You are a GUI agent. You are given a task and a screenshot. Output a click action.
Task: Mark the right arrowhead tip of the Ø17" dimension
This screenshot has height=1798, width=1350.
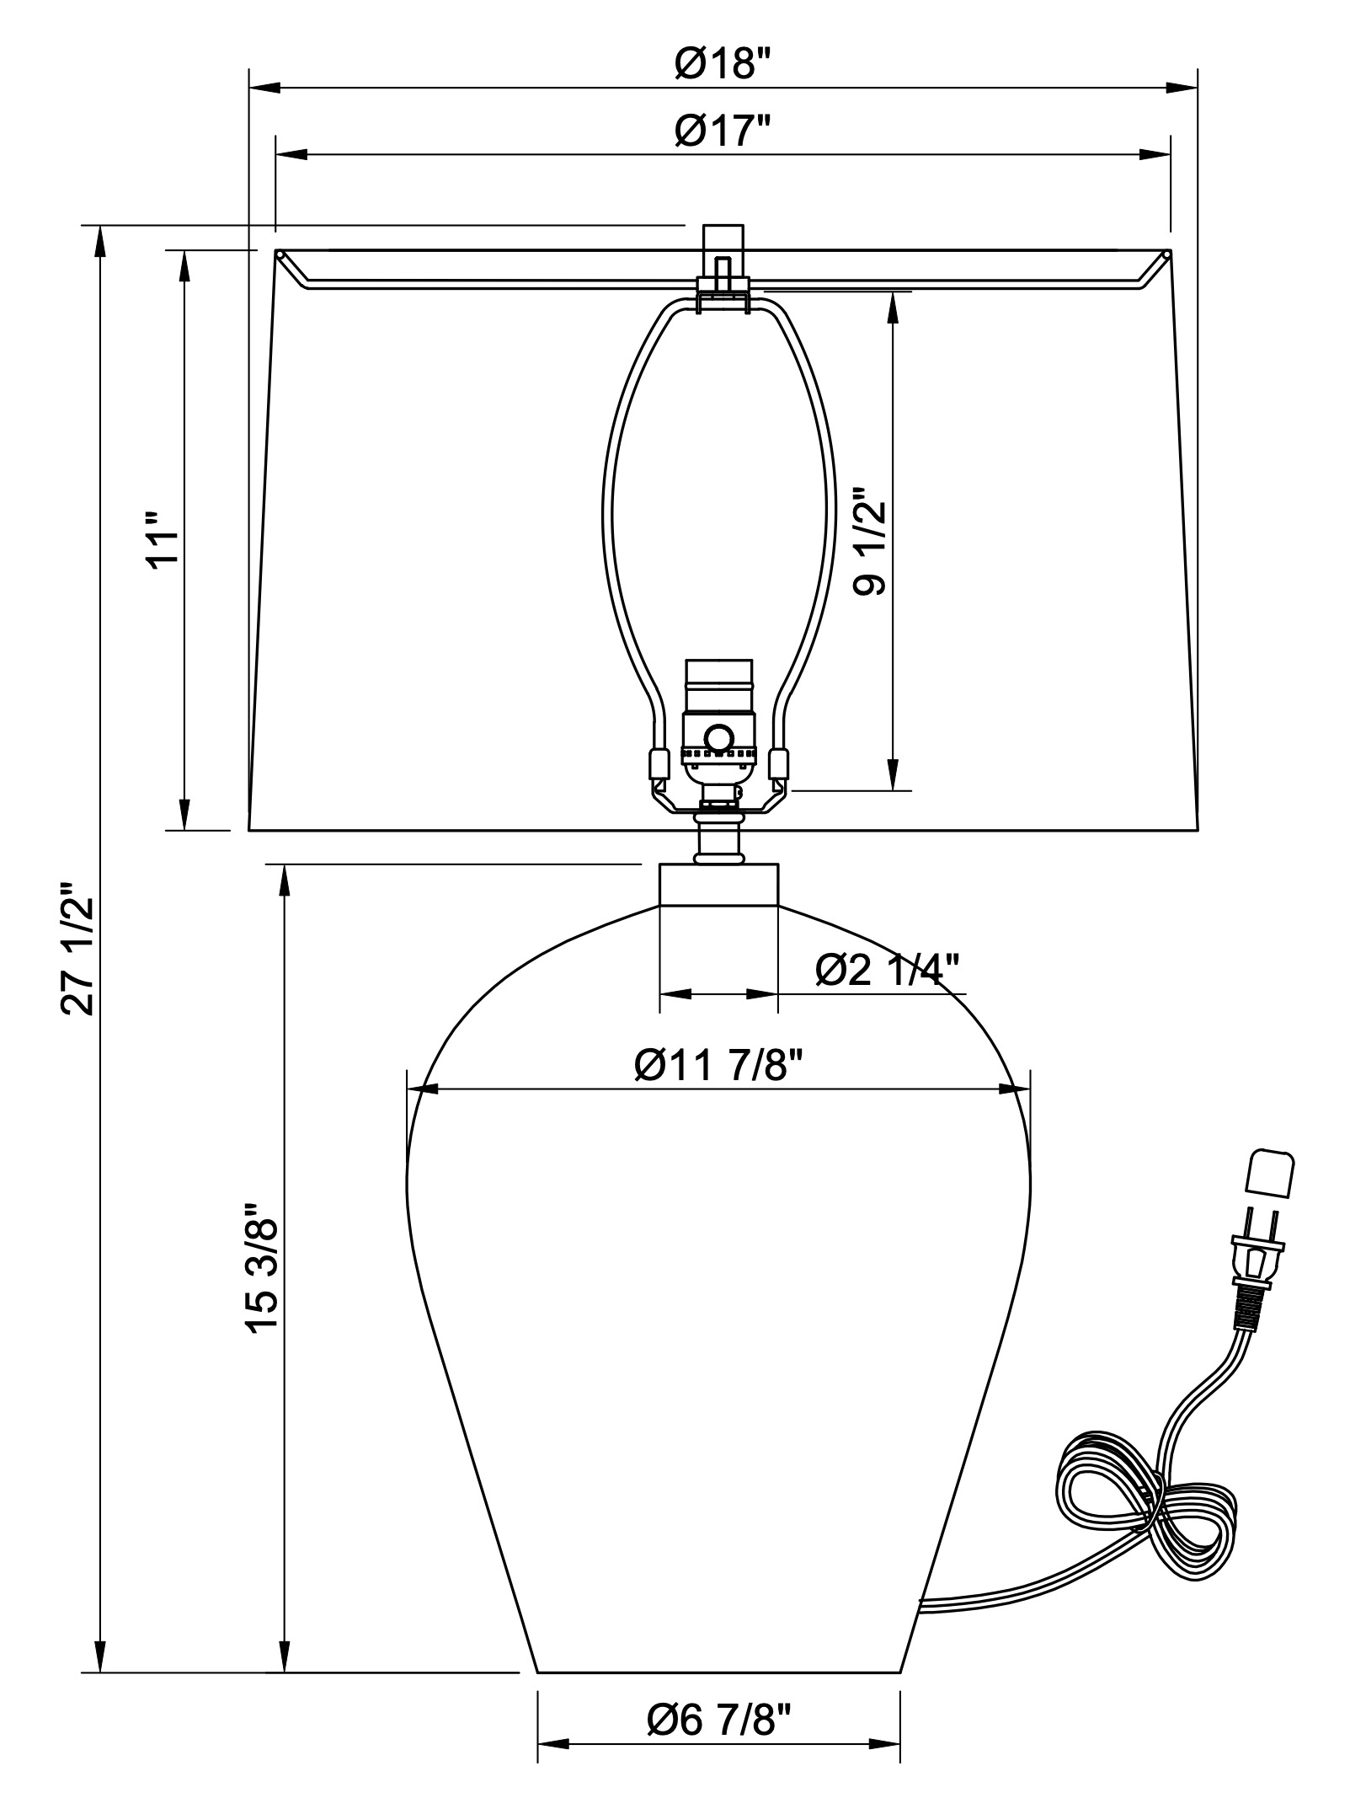(1170, 155)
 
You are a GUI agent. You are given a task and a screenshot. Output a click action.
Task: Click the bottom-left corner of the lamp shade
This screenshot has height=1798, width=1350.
(248, 831)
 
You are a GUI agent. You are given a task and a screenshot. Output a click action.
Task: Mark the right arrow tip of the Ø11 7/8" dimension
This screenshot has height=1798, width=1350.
(1029, 1089)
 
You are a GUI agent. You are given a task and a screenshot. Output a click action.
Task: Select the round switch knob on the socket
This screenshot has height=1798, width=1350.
(718, 738)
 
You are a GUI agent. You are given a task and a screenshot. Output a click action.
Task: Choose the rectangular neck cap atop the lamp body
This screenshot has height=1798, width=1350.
(718, 884)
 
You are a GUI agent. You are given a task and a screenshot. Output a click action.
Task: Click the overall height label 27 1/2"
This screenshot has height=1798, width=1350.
(76, 949)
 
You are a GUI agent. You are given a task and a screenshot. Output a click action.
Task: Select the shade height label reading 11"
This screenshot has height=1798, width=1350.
(163, 540)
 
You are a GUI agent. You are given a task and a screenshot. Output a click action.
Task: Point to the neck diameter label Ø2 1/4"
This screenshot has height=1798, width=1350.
(888, 970)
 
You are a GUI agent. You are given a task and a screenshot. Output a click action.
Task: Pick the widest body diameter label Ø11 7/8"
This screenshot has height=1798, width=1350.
(718, 1066)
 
